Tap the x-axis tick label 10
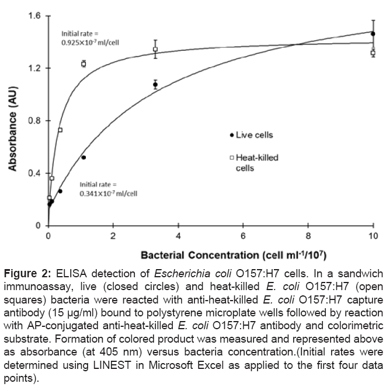pyautogui.click(x=373, y=235)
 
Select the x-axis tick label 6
pyautogui.click(x=243, y=235)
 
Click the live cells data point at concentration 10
pyautogui.click(x=373, y=34)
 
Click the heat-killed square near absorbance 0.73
pyautogui.click(x=60, y=130)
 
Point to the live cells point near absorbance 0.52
pyautogui.click(x=84, y=158)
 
